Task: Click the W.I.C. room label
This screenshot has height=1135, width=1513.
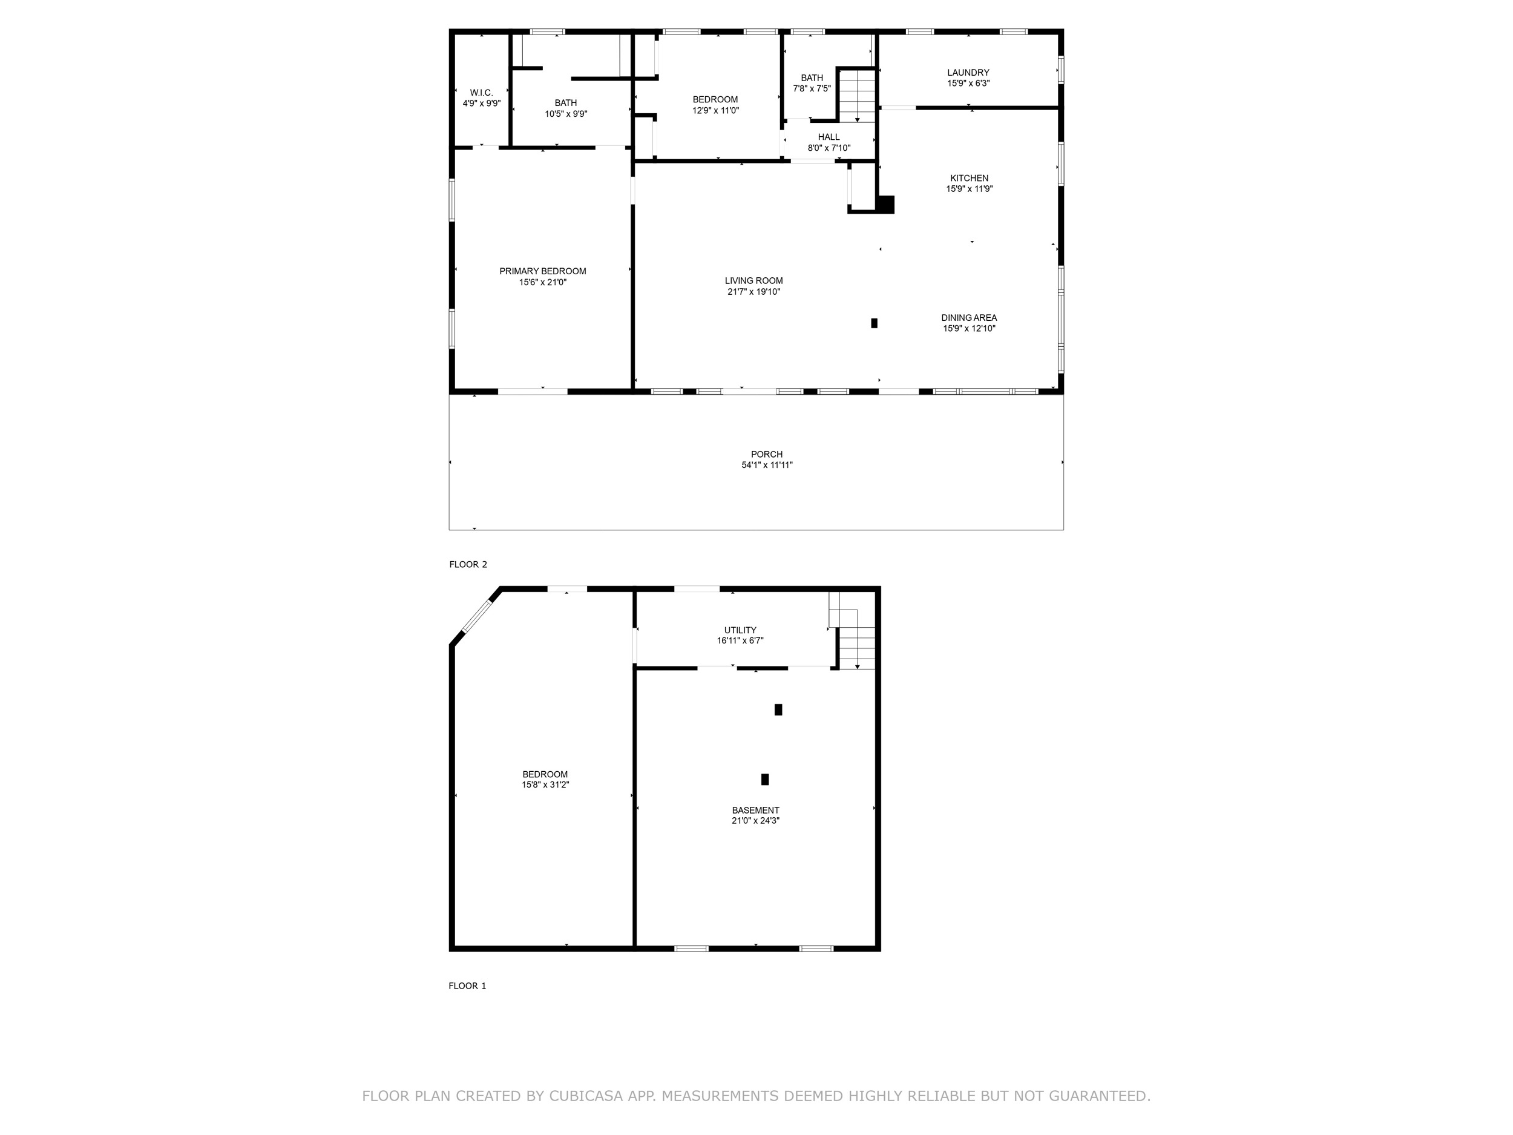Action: [x=481, y=93]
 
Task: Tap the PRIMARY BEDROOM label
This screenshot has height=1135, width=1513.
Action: [x=542, y=271]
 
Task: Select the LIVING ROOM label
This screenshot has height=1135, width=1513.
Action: [x=753, y=280]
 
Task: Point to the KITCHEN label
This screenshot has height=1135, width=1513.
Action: [x=969, y=178]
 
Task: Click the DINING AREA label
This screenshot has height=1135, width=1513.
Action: [x=968, y=317]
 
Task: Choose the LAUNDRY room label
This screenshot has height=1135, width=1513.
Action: [x=968, y=73]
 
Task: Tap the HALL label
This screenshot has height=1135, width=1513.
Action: [x=829, y=137]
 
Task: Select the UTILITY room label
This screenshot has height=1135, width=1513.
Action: [x=740, y=630]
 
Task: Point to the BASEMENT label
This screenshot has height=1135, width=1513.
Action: [x=755, y=810]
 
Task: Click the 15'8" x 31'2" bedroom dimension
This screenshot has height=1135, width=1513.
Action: [x=545, y=785]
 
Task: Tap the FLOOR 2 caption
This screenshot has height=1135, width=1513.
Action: [x=468, y=564]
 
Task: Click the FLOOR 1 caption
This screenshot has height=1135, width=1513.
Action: [x=467, y=986]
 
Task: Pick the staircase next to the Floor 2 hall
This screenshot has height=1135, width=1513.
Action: [x=857, y=96]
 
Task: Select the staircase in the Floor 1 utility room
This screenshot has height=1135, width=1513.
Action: [x=852, y=630]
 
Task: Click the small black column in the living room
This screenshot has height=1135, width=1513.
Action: [x=873, y=323]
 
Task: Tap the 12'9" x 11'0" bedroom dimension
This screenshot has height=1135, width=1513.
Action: [x=715, y=110]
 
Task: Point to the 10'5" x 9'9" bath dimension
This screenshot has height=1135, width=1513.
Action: [x=566, y=114]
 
